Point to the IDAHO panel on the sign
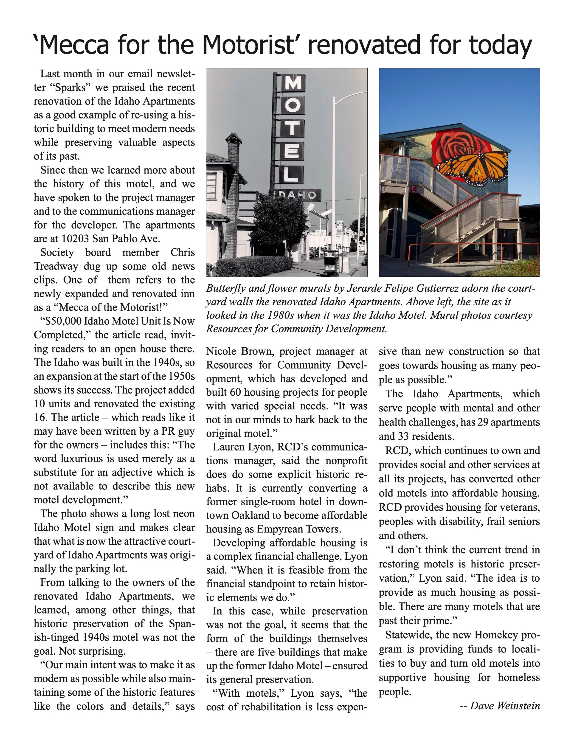click(295, 195)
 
